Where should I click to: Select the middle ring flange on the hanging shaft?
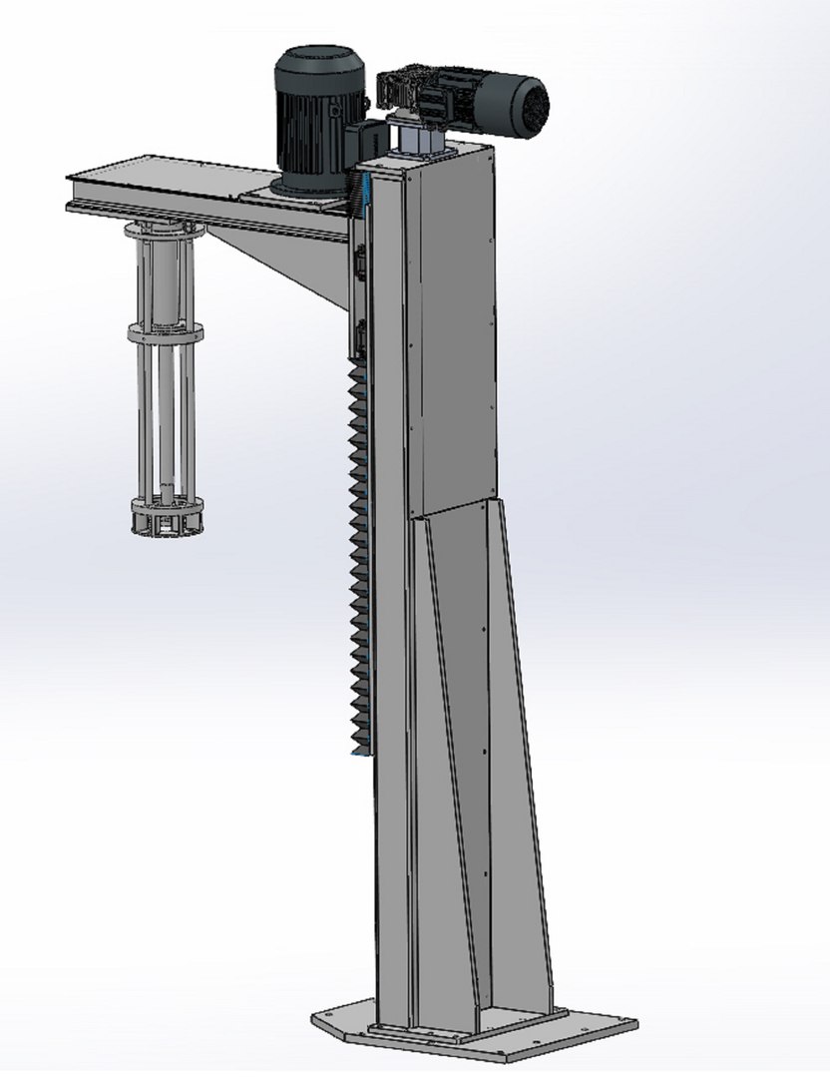point(165,332)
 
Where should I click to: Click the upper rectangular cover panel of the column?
point(449,329)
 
